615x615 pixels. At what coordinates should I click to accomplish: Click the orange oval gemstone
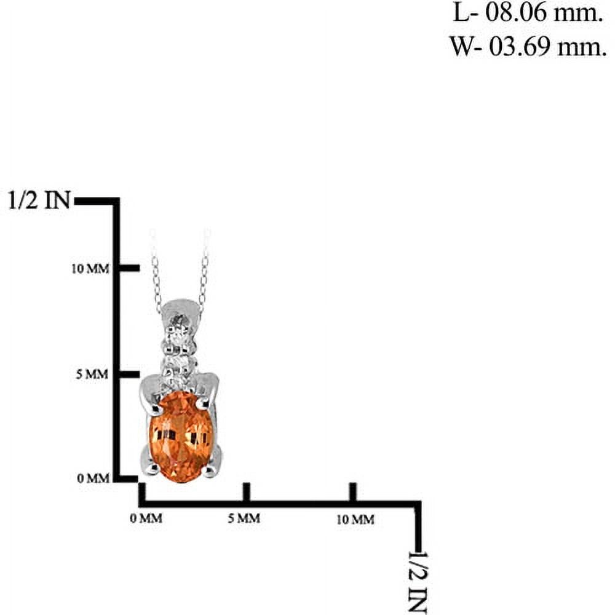181,437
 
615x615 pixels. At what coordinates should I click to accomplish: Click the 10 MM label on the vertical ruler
90,269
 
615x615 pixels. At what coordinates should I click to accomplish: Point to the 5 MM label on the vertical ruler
92,374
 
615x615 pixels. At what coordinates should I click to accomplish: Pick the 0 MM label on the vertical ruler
93,478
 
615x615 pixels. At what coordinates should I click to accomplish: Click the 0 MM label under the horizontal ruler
146,518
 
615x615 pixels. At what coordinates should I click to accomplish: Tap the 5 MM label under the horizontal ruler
244,518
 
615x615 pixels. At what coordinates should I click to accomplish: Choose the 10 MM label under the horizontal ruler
355,519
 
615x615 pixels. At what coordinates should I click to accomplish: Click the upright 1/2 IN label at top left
39,200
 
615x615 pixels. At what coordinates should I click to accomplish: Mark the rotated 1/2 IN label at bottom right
418,582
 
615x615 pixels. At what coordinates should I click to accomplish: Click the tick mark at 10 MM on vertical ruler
129,268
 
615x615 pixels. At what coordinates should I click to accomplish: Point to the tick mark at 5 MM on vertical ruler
129,374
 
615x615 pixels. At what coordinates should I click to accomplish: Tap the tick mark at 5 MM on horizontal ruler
247,492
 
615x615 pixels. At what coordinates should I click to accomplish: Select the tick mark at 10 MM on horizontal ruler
353,492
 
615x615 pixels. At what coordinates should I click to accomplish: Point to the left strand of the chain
156,274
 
